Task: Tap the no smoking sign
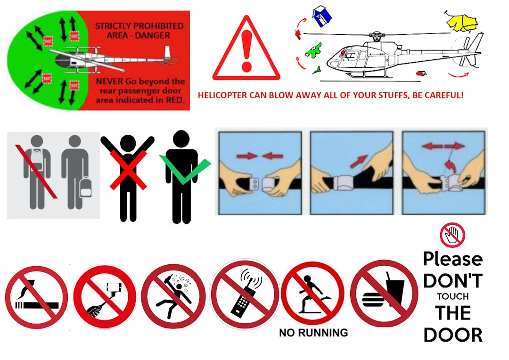point(36,297)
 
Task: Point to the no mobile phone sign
point(244,294)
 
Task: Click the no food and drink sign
point(384,293)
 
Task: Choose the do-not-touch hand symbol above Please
point(452,235)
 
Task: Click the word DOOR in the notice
point(453,335)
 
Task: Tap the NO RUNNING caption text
point(313,333)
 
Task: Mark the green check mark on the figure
point(185,168)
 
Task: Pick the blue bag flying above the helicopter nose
point(322,16)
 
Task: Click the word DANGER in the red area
point(153,35)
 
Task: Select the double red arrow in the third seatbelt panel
point(443,147)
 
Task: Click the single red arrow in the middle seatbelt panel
point(359,161)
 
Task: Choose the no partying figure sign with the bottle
point(173,296)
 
